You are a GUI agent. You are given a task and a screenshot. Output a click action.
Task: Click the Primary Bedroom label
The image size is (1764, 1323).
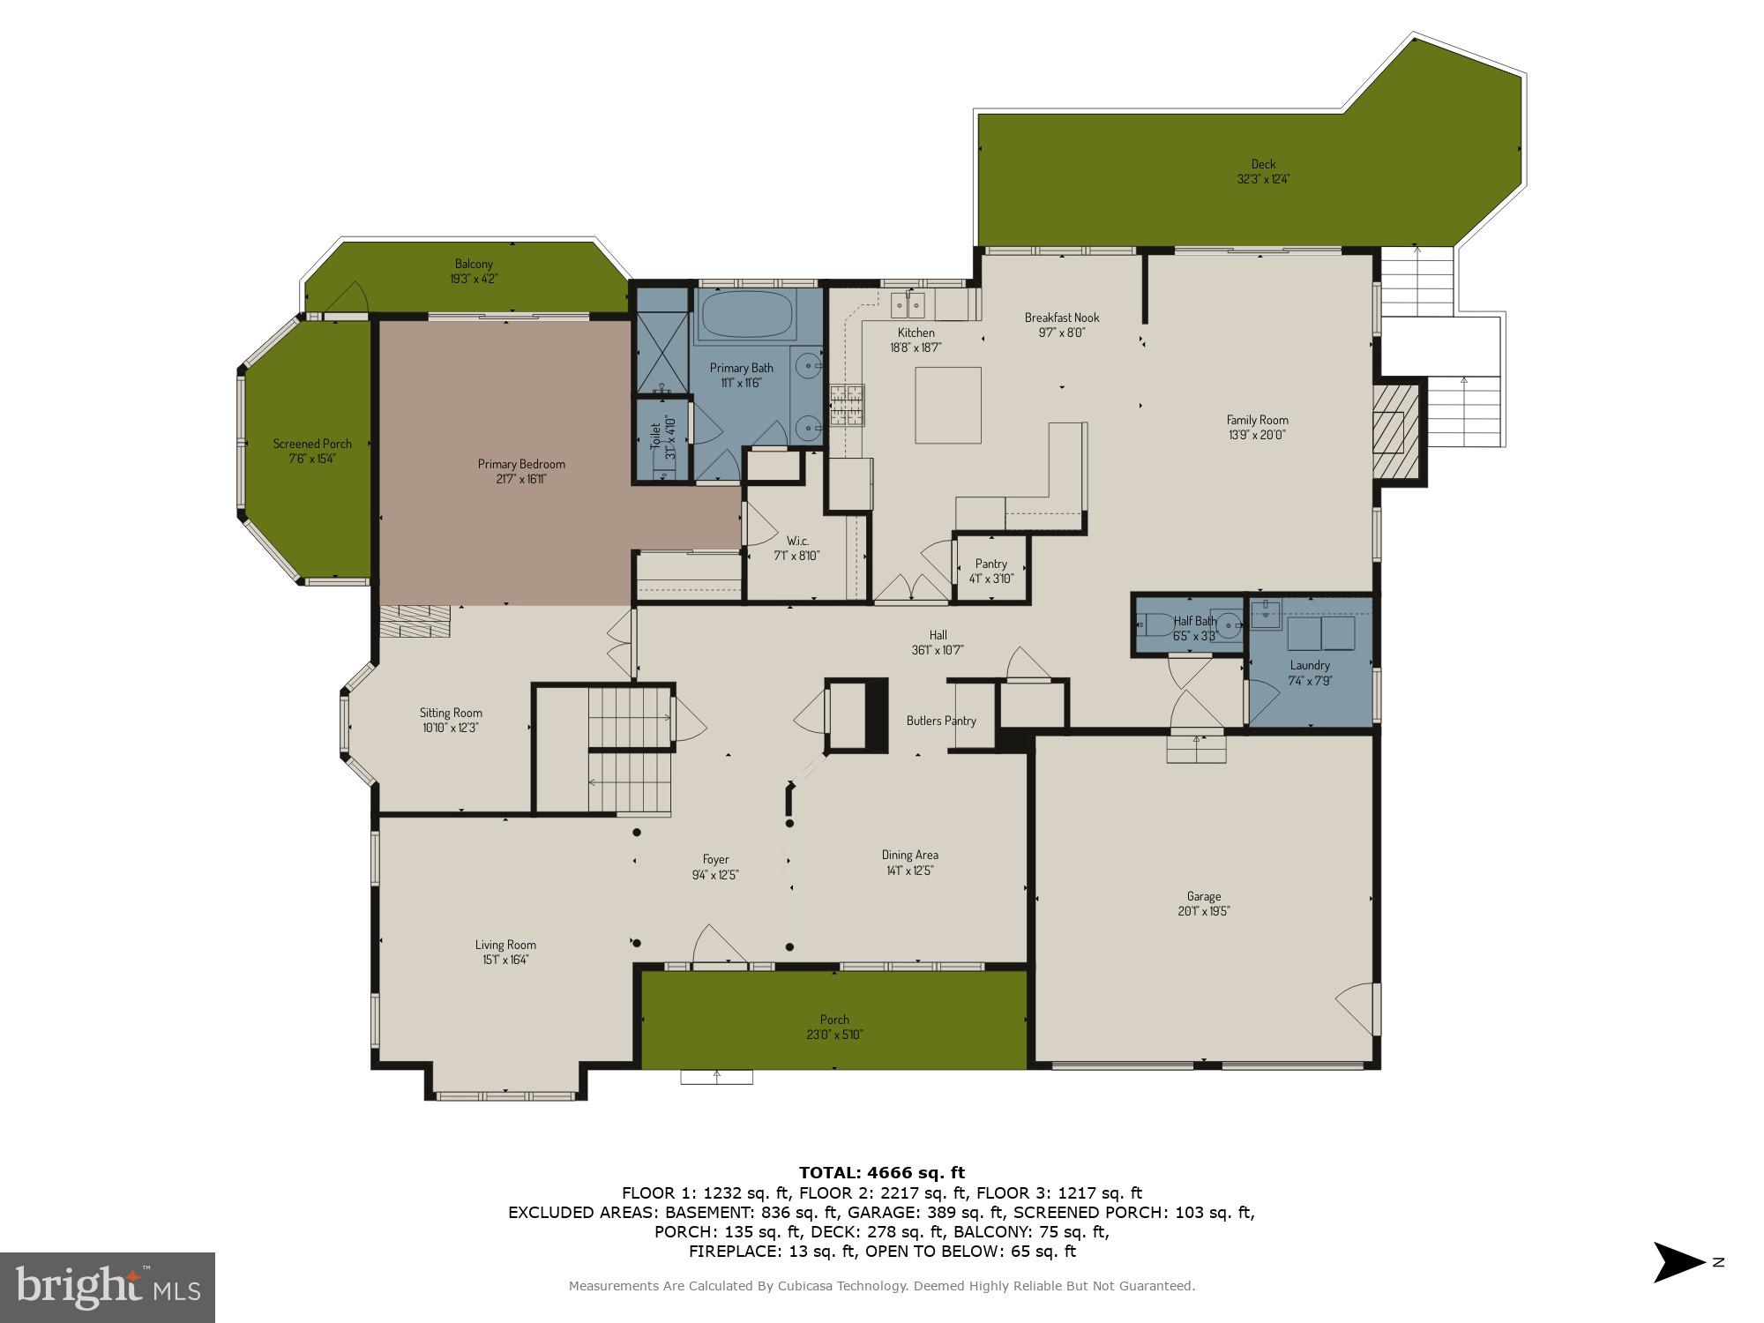520,464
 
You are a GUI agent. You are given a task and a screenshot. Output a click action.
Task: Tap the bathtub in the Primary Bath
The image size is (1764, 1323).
746,316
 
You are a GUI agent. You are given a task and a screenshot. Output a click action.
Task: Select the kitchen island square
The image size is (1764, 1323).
947,405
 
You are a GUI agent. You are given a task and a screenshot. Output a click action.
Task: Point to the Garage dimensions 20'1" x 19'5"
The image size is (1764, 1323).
1203,911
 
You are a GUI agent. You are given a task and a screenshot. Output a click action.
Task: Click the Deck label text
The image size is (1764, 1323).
1262,163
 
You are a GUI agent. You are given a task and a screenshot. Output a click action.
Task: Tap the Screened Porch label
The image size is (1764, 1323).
312,444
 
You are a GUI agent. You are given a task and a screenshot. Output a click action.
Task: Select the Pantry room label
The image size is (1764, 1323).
990,564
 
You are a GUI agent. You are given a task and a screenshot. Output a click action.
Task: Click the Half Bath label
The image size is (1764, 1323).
1194,621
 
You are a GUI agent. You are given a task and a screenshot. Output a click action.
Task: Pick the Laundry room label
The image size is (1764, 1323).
1309,665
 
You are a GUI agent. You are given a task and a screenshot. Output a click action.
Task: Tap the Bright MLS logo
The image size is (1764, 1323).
107,1287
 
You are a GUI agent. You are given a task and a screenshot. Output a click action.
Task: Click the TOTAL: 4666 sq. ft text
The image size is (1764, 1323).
881,1172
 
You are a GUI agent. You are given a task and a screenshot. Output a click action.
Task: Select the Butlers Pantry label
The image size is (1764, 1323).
940,721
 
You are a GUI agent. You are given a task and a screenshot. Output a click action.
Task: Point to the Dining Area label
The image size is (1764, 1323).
909,855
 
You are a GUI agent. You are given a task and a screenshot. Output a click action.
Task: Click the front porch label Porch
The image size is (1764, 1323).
833,1020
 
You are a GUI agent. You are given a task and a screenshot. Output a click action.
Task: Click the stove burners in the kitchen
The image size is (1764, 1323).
847,405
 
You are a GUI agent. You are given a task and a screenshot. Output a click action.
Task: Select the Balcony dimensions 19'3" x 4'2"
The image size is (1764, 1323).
474,279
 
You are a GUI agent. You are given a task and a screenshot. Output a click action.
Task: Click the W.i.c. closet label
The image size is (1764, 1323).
797,541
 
